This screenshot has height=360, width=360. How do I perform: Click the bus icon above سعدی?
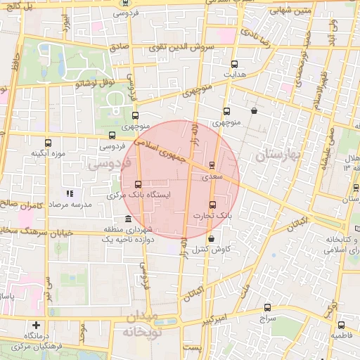point(212,166)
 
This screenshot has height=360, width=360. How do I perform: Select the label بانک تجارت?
point(212,216)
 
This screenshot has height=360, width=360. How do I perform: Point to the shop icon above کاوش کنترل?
point(211,240)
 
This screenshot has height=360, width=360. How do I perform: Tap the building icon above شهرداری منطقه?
point(127,219)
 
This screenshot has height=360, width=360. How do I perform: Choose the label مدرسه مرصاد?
point(67,204)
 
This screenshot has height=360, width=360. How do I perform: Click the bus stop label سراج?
point(267,319)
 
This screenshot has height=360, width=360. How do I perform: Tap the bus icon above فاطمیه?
point(341,326)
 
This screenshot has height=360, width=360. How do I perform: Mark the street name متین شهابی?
point(291,11)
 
